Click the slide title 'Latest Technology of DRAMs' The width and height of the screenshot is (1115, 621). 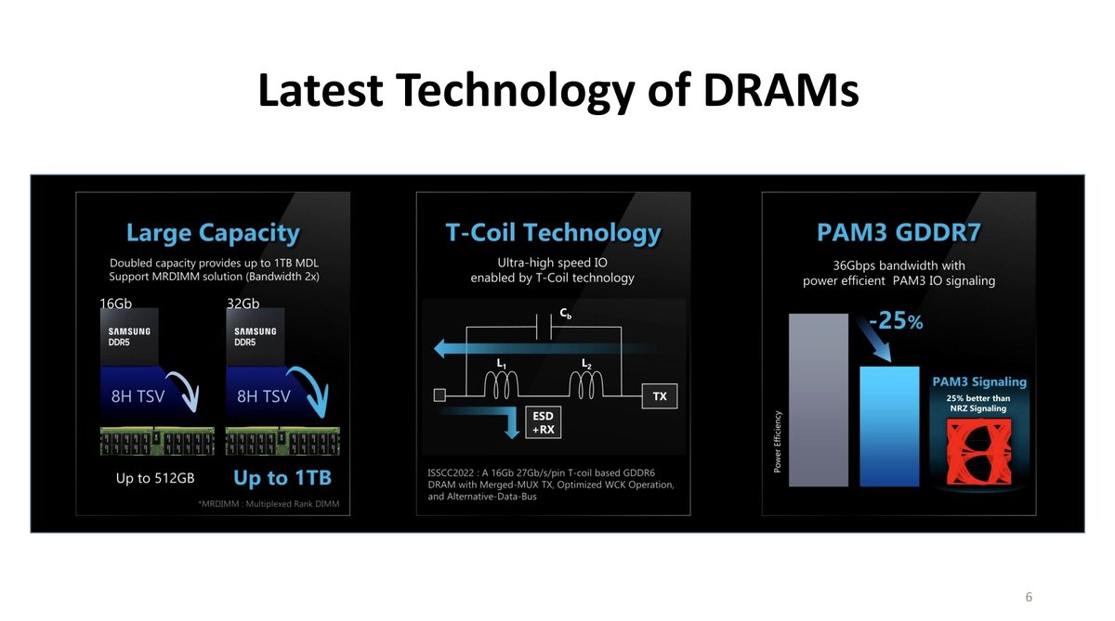coord(558,91)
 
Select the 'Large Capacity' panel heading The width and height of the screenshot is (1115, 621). coord(213,233)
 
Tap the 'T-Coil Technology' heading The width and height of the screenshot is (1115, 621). coord(553,233)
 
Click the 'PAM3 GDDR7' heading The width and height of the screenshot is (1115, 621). coord(899,232)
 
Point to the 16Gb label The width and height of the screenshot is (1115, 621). coord(115,304)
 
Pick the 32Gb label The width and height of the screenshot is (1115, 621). coord(243,304)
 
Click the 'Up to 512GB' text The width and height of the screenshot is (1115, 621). coord(155,478)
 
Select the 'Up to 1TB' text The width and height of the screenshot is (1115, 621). coord(282,478)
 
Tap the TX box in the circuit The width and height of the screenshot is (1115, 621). coord(660,396)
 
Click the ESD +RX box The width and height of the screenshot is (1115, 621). coord(543,422)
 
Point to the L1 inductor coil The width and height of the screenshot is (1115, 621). coord(501,385)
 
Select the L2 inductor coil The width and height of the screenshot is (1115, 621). coord(586,385)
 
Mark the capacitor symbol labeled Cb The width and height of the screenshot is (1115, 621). coord(544,327)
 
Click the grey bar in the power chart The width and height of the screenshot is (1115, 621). coord(819,400)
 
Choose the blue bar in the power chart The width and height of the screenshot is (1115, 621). coord(889,427)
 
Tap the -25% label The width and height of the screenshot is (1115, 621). coord(896,320)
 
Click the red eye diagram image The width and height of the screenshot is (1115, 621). coord(978,452)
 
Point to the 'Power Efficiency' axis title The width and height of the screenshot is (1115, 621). coord(778,442)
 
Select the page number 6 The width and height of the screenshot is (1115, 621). coord(1029,597)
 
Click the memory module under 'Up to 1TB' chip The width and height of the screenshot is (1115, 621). coord(282,441)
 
